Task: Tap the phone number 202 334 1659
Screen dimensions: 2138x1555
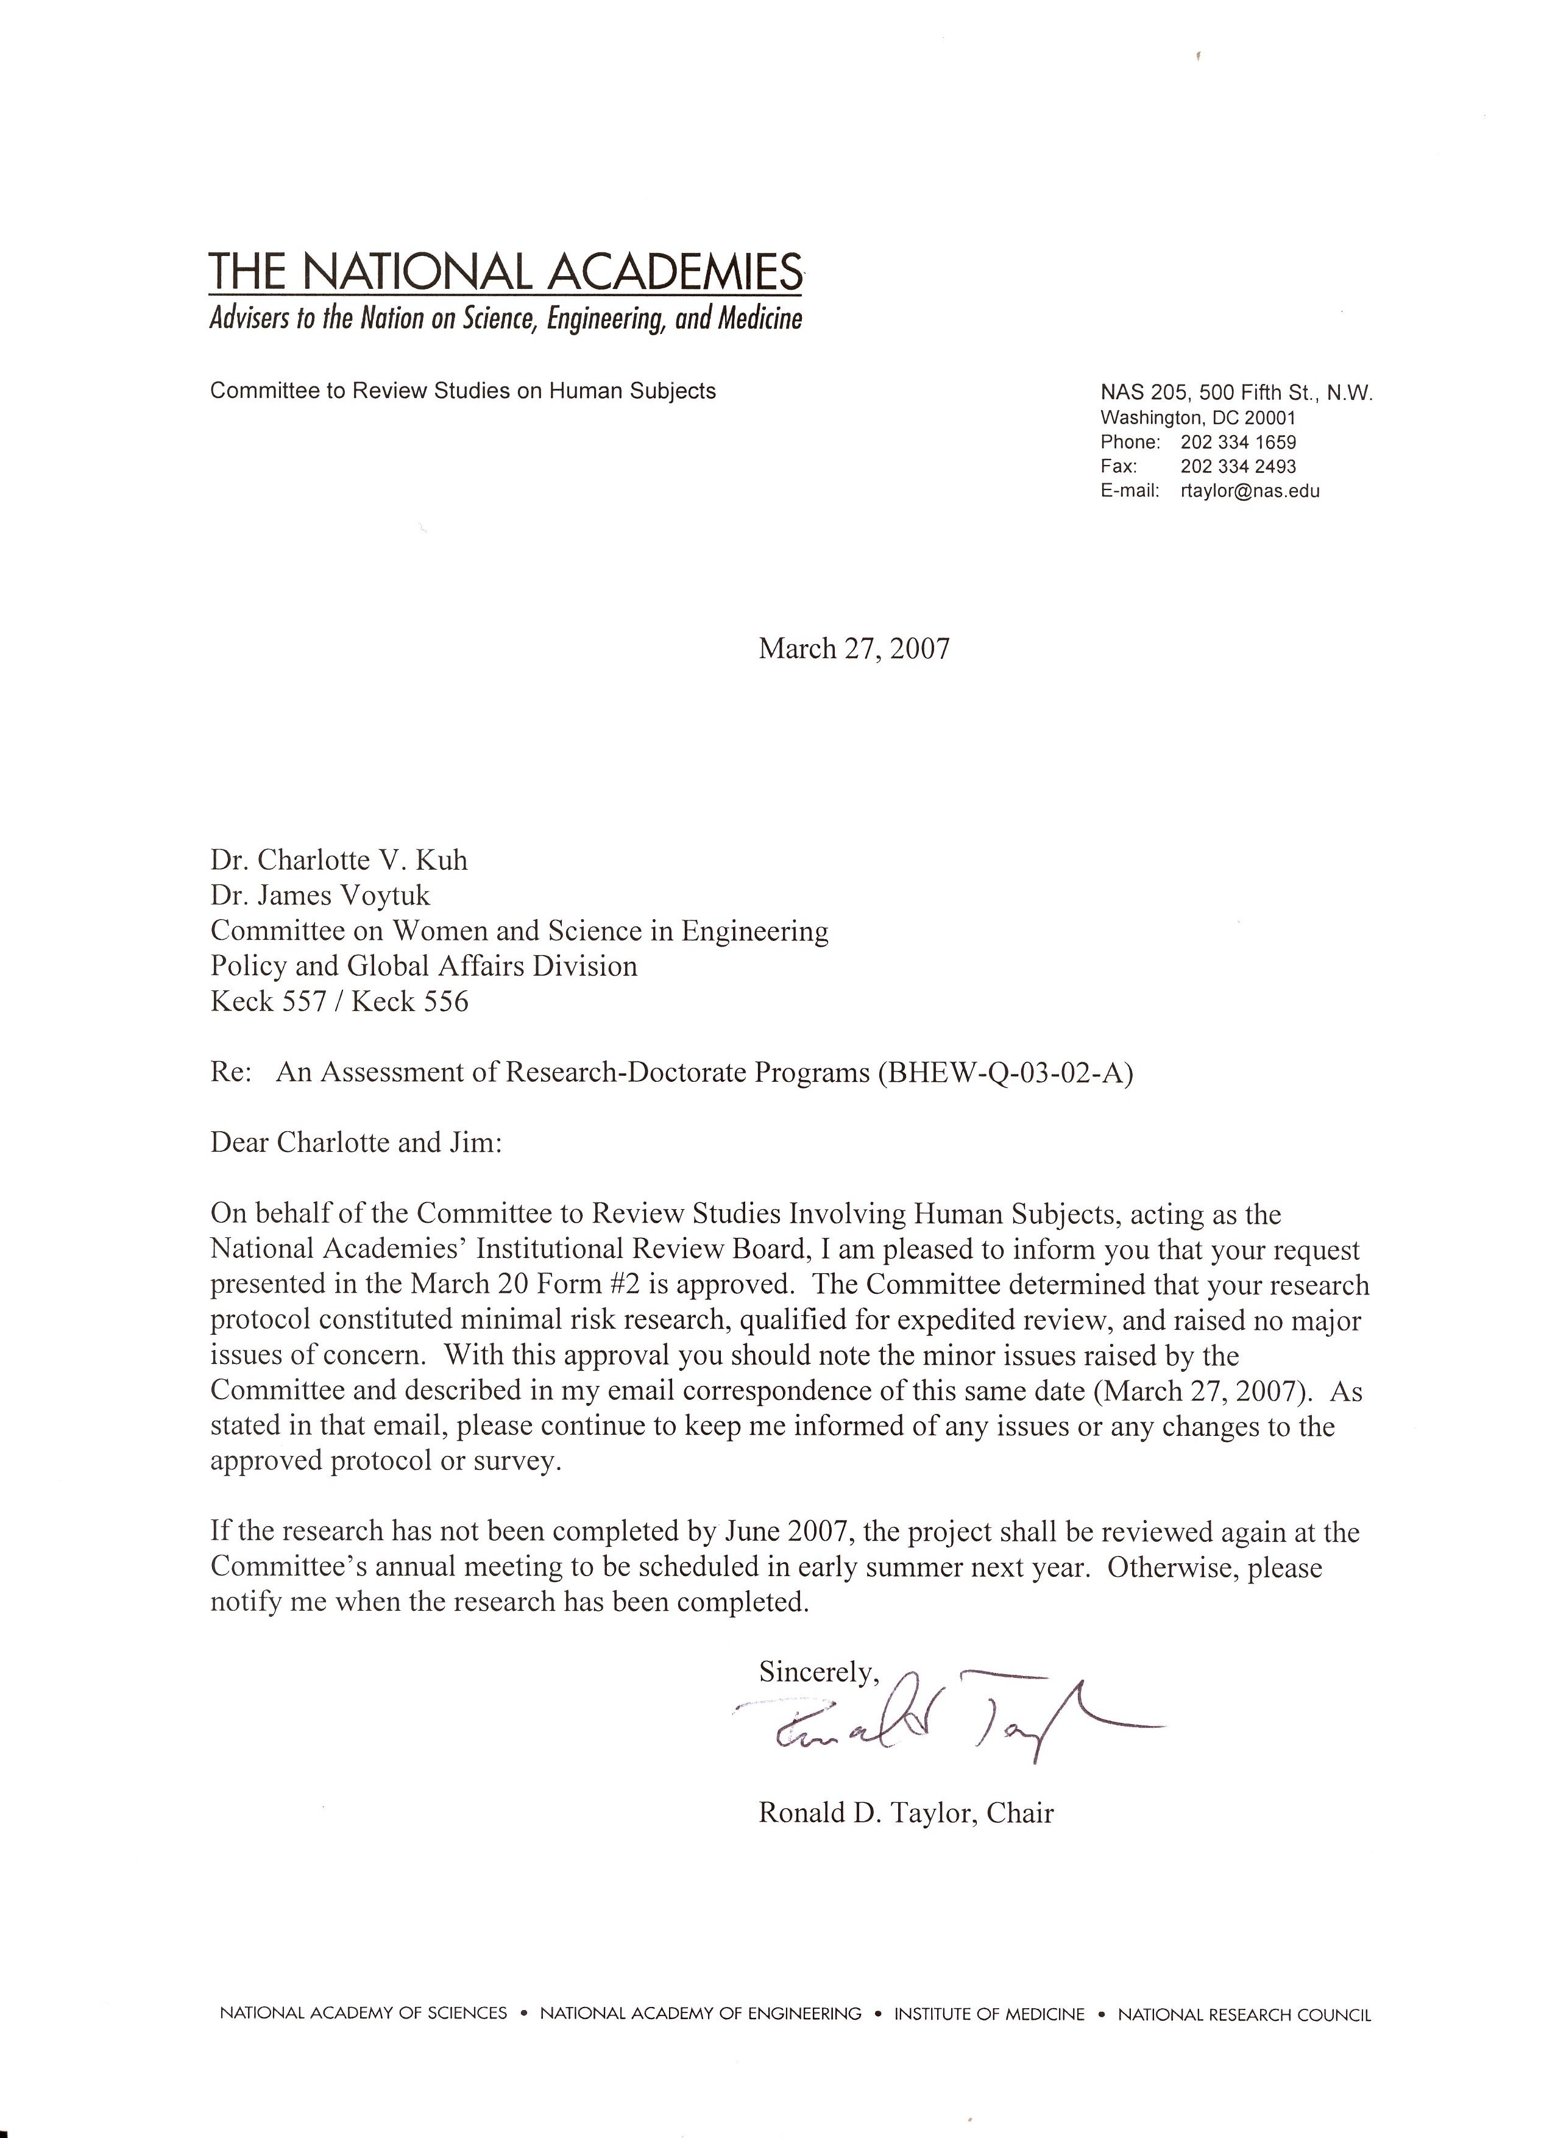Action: pos(1238,442)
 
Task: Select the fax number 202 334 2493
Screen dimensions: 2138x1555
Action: pos(1238,467)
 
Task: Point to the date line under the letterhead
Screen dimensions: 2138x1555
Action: pos(854,650)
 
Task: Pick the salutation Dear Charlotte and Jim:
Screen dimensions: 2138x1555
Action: pos(356,1143)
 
